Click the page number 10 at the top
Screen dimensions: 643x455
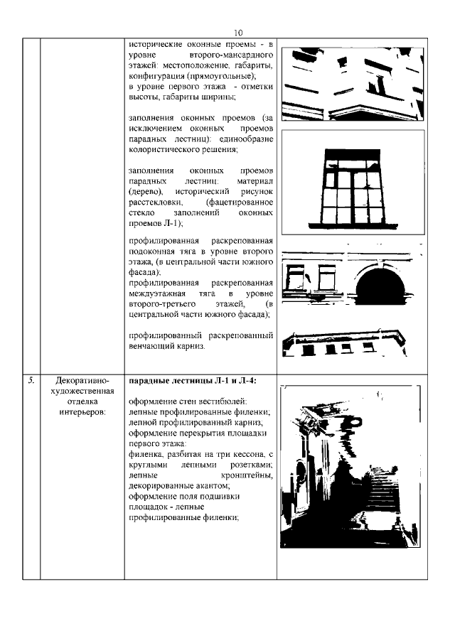(x=237, y=33)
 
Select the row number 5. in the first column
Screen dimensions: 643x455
(x=31, y=381)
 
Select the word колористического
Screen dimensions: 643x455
(x=168, y=150)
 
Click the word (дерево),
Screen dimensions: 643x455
(x=146, y=193)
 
